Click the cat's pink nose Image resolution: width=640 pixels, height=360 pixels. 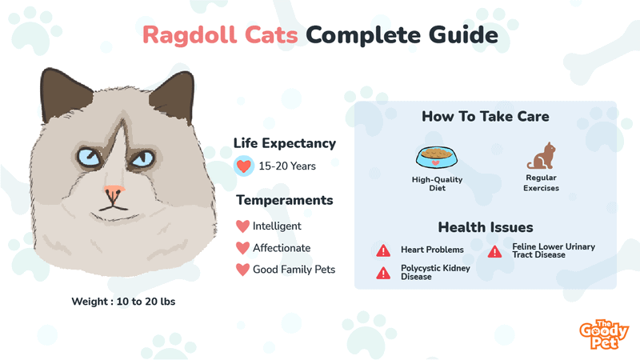pos(114,190)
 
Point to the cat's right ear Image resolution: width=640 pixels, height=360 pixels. pos(174,96)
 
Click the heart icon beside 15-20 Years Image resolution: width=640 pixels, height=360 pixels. pos(244,166)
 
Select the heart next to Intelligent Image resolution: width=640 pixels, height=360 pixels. pos(242,226)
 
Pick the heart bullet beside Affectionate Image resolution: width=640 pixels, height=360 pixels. pos(242,248)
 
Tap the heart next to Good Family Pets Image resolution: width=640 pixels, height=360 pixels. pos(242,270)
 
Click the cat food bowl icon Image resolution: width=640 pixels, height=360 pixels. pos(437,157)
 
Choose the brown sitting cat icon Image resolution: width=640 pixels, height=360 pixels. pos(542,155)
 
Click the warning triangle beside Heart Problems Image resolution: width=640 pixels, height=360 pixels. pos(383,250)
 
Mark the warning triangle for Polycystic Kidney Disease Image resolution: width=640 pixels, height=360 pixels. pos(383,273)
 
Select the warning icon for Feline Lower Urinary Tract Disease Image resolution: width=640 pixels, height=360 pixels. pos(494,252)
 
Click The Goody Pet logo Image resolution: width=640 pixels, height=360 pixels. pos(604,334)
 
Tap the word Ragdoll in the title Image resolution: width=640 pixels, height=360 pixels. pos(190,35)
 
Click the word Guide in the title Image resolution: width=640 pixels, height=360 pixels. pos(463,34)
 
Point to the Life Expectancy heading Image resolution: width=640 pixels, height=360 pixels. pos(285,143)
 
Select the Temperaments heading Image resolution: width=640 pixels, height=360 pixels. pos(285,200)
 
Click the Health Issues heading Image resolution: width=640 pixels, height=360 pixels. pos(486,227)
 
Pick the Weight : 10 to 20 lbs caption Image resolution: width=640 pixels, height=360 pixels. pos(123,302)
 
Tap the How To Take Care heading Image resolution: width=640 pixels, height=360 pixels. pos(486,116)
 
